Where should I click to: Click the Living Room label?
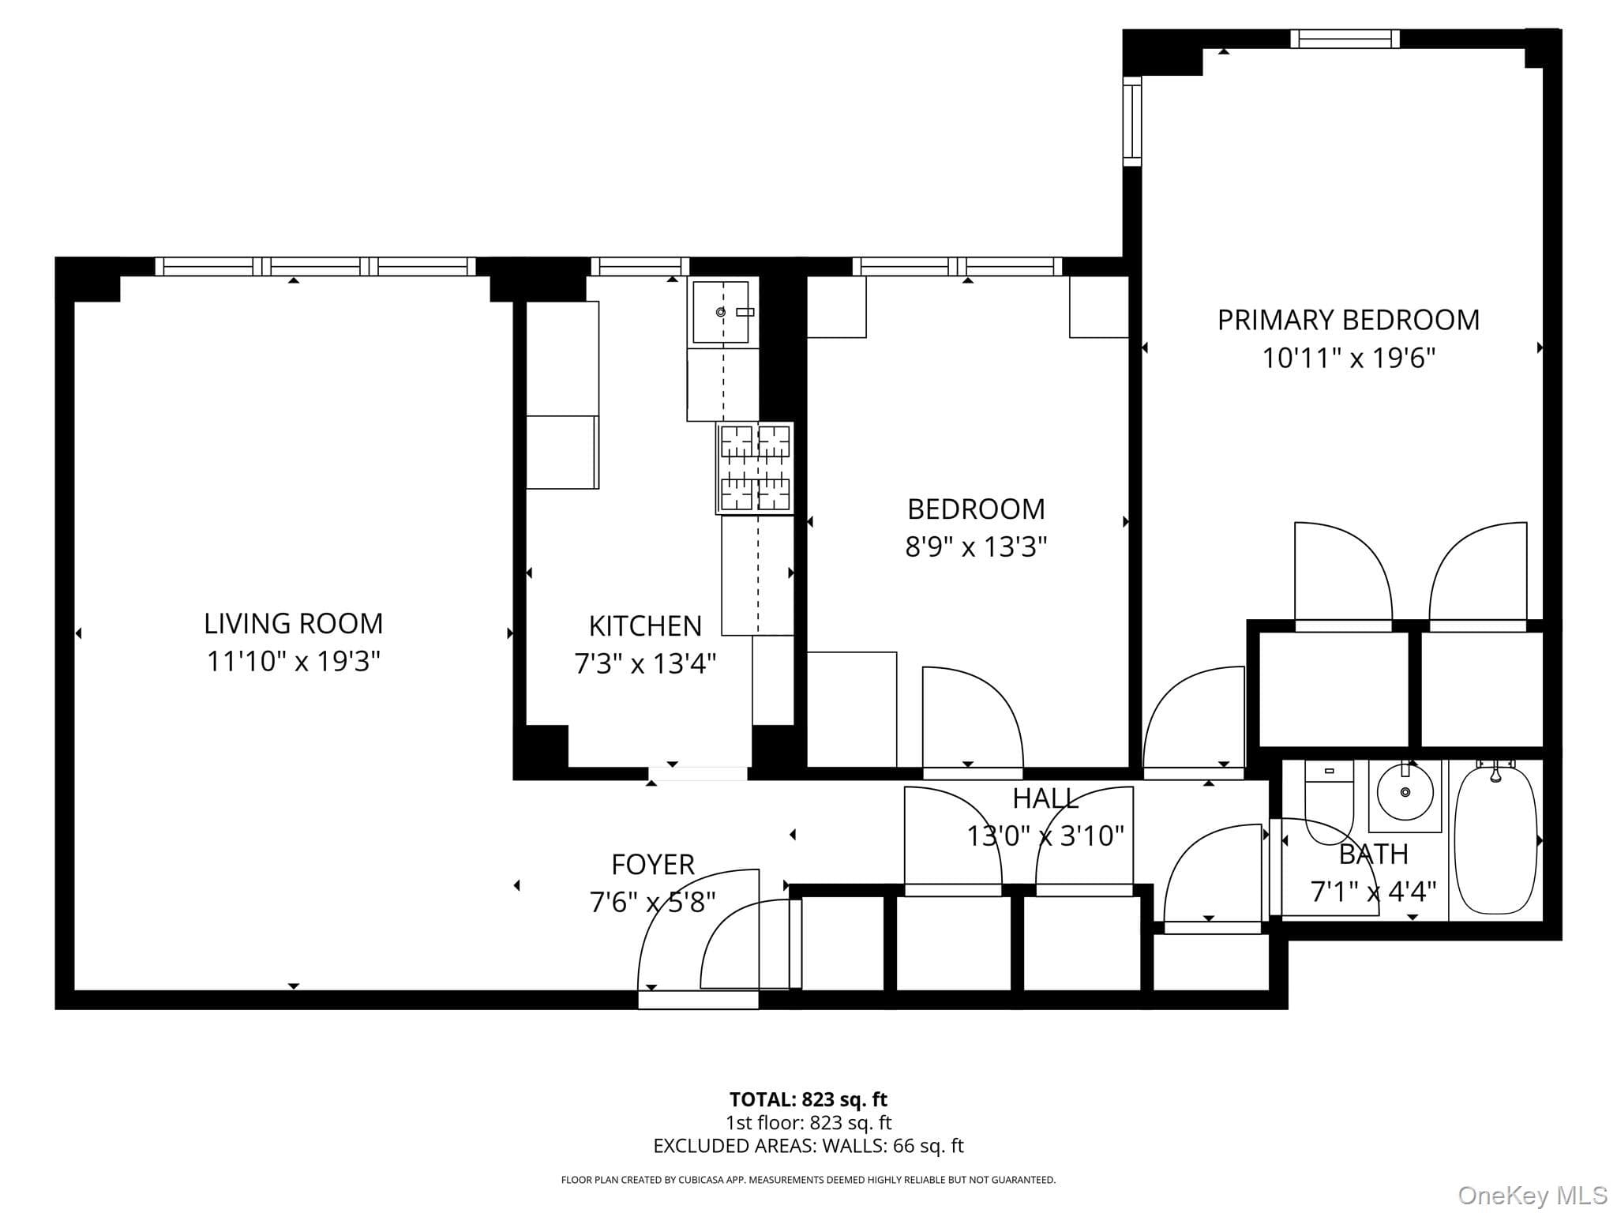click(x=294, y=623)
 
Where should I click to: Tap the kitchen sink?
click(x=720, y=312)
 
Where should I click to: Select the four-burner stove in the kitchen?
click(x=755, y=468)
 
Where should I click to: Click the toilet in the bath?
click(x=1329, y=802)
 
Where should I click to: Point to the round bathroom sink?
click(x=1405, y=792)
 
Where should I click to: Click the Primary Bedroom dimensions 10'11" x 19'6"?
click(x=1348, y=359)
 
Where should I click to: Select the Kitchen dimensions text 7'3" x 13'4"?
click(x=645, y=663)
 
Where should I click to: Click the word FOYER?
click(x=653, y=865)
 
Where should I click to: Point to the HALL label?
click(x=1045, y=798)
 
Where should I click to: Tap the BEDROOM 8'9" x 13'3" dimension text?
click(x=976, y=546)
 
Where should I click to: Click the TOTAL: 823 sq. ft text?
click(x=808, y=1099)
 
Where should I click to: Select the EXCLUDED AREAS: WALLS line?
click(x=808, y=1146)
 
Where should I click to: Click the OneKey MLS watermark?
click(x=1533, y=1196)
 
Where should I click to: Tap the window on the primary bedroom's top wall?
click(x=1345, y=39)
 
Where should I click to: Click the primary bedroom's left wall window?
click(x=1132, y=122)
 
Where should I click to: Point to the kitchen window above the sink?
click(x=640, y=266)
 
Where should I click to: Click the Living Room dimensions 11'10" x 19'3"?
click(x=294, y=661)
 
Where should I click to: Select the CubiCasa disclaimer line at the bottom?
click(x=808, y=1181)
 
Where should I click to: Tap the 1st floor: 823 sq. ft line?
click(x=808, y=1122)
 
